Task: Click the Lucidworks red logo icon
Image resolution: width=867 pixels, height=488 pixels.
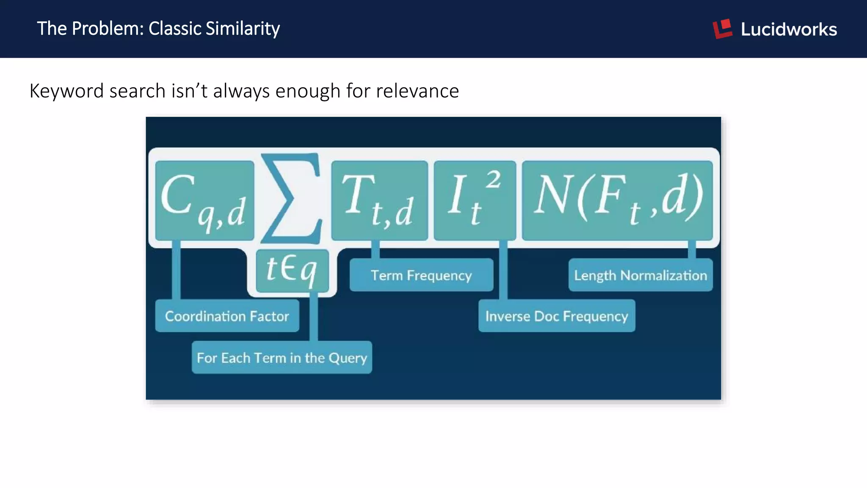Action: point(723,29)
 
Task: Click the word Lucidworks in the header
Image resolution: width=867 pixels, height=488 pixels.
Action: point(789,29)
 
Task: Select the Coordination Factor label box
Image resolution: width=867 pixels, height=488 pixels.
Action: point(227,316)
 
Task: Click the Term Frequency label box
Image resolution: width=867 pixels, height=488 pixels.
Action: point(421,275)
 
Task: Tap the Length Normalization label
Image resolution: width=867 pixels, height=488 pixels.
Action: point(640,275)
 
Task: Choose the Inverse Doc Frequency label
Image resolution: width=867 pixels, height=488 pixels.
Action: point(556,316)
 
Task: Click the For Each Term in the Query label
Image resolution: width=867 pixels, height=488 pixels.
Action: point(282,358)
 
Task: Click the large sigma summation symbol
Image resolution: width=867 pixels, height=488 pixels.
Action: point(291,198)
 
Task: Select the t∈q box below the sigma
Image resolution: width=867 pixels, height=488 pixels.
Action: point(292,270)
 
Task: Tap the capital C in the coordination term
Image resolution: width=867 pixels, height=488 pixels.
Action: point(178,195)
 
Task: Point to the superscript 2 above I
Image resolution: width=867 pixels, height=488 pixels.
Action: point(493,179)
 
